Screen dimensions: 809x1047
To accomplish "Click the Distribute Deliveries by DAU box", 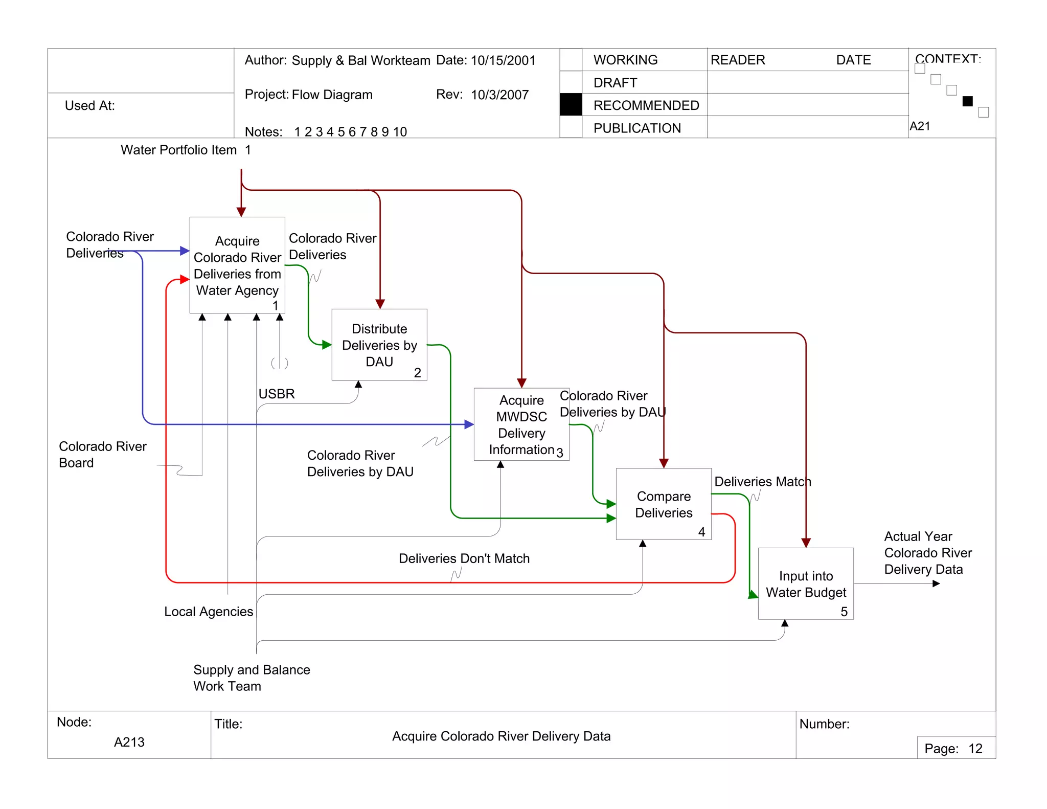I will pyautogui.click(x=379, y=345).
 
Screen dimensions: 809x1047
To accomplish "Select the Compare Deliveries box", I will pyautogui.click(x=663, y=504).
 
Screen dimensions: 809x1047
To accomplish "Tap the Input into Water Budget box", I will pyautogui.click(x=805, y=584).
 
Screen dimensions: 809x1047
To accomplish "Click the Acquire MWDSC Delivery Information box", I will pyautogui.click(x=521, y=424).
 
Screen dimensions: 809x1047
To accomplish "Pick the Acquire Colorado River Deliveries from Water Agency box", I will pyautogui.click(x=237, y=265).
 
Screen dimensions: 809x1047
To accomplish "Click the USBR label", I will pyautogui.click(x=277, y=394).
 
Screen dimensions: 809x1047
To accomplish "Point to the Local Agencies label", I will pyautogui.click(x=209, y=612).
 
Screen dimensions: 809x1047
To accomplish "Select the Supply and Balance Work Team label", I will pyautogui.click(x=252, y=678).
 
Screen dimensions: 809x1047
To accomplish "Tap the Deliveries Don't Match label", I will pyautogui.click(x=464, y=558).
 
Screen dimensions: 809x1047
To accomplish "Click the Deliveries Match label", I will pyautogui.click(x=762, y=482).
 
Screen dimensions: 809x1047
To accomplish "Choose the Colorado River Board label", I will pyautogui.click(x=102, y=454).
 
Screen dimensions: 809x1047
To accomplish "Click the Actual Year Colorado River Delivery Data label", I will pyautogui.click(x=927, y=553).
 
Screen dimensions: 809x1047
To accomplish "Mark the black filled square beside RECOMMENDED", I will pyautogui.click(x=571, y=105).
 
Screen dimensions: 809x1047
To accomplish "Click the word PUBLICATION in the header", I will pyautogui.click(x=637, y=128).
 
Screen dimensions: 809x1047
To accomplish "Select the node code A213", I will pyautogui.click(x=129, y=742).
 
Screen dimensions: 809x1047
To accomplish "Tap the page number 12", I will pyautogui.click(x=975, y=749).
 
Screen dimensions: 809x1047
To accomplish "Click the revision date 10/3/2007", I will pyautogui.click(x=499, y=95).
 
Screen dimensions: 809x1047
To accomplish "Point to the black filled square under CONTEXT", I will pyautogui.click(x=967, y=101).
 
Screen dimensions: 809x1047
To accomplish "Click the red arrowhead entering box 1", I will pyautogui.click(x=185, y=280).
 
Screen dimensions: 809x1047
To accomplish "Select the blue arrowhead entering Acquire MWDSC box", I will pyautogui.click(x=469, y=424).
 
